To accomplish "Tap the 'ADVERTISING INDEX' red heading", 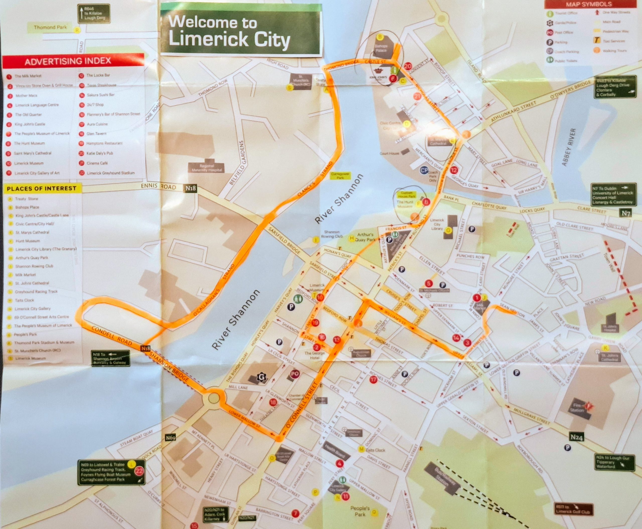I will [68, 61].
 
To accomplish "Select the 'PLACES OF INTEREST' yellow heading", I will [42, 188].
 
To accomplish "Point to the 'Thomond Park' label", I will [50, 27].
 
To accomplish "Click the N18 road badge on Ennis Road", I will [191, 188].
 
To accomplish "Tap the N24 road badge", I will [576, 437].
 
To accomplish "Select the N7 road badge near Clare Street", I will [625, 213].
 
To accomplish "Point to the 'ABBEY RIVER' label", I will [569, 147].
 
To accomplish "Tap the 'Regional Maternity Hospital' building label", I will [207, 168].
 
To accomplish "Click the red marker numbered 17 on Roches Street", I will [373, 380].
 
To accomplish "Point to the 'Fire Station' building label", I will [577, 408].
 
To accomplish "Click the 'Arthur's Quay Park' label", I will [365, 237].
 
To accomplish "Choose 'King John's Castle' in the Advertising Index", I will [30, 124].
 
